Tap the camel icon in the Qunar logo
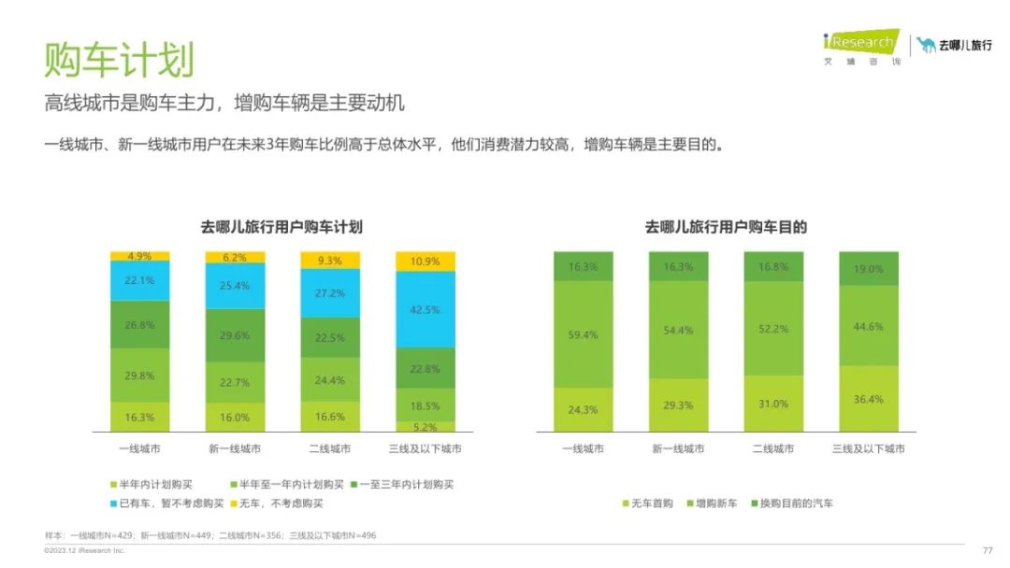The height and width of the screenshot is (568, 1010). pos(926,45)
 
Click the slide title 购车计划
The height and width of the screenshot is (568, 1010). pos(119,59)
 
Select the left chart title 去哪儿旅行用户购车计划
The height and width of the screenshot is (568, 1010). pos(281,227)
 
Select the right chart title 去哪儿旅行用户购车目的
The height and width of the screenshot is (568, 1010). pos(726,227)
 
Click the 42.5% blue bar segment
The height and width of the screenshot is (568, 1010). pos(426,309)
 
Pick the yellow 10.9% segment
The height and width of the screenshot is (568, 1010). pos(426,262)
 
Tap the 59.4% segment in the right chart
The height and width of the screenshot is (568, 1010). pos(583,334)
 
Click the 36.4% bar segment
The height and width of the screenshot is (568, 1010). pos(869,399)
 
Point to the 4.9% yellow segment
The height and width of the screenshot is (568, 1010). pos(139,256)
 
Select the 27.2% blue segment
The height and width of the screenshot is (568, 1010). pos(329,293)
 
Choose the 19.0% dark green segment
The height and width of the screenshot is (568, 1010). pos(869,268)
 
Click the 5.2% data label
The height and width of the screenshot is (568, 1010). pos(426,426)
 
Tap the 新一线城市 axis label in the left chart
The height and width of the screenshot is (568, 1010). pos(234,449)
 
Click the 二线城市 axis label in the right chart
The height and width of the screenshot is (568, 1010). pos(772,449)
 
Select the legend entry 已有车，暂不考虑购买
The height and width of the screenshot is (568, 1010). pos(171,504)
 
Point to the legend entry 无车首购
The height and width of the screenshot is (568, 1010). pos(649,504)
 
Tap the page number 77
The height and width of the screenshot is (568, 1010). pos(987,550)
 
